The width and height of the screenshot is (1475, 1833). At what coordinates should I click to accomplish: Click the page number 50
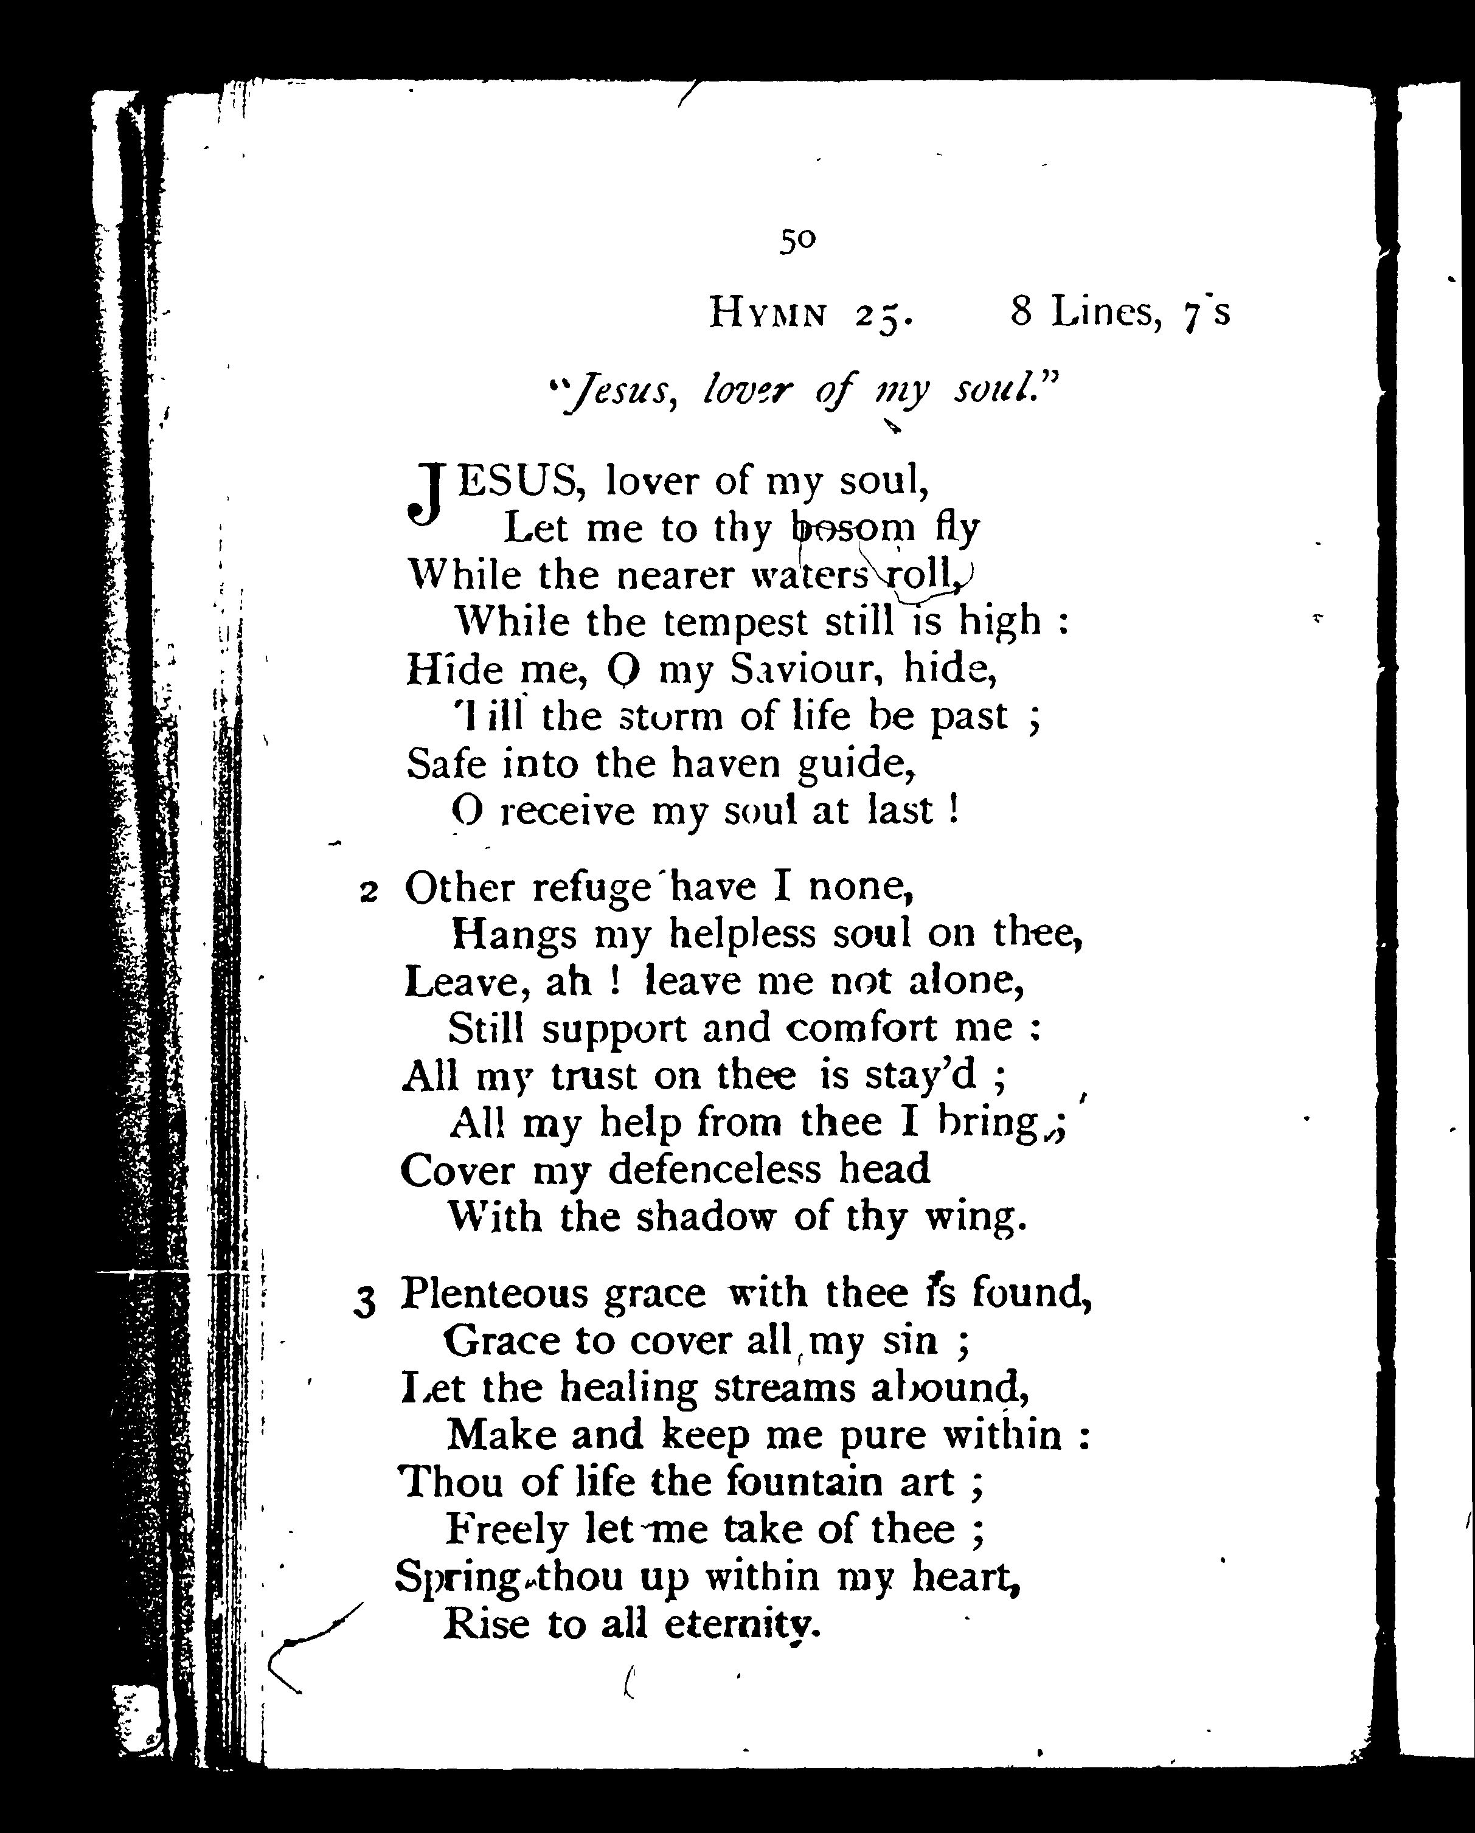point(797,241)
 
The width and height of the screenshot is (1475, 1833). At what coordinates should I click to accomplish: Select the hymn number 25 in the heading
point(883,316)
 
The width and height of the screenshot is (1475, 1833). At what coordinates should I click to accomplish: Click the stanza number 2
point(368,892)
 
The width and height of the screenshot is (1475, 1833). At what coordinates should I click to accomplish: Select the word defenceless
point(716,1170)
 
